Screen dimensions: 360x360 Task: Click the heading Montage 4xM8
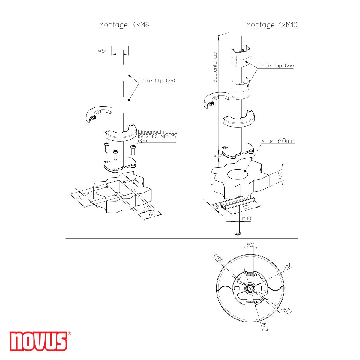click(124, 25)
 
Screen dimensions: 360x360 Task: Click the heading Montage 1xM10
click(271, 25)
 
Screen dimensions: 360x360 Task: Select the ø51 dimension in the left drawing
click(102, 51)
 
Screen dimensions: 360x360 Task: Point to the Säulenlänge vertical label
click(214, 68)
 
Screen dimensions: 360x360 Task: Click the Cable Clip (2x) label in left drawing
click(157, 81)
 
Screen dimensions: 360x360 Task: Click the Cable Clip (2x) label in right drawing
click(275, 66)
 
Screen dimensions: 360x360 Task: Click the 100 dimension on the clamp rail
click(246, 207)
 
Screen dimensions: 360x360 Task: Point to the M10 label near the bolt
click(246, 218)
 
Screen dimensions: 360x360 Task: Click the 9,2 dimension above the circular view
click(250, 245)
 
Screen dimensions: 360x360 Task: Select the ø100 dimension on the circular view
click(218, 258)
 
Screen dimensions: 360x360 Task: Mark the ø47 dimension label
click(265, 326)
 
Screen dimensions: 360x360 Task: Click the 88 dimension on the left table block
click(79, 198)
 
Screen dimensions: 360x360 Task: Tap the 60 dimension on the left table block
click(152, 214)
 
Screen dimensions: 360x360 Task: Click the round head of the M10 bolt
click(238, 234)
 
